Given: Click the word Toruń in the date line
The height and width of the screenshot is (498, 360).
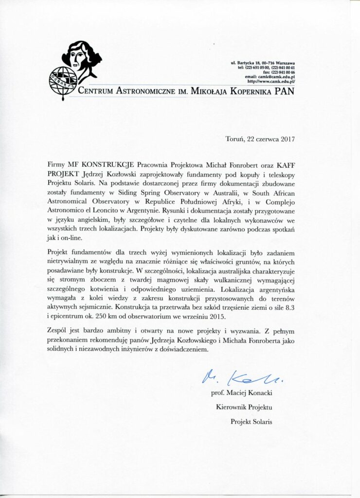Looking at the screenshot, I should [x=236, y=138].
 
